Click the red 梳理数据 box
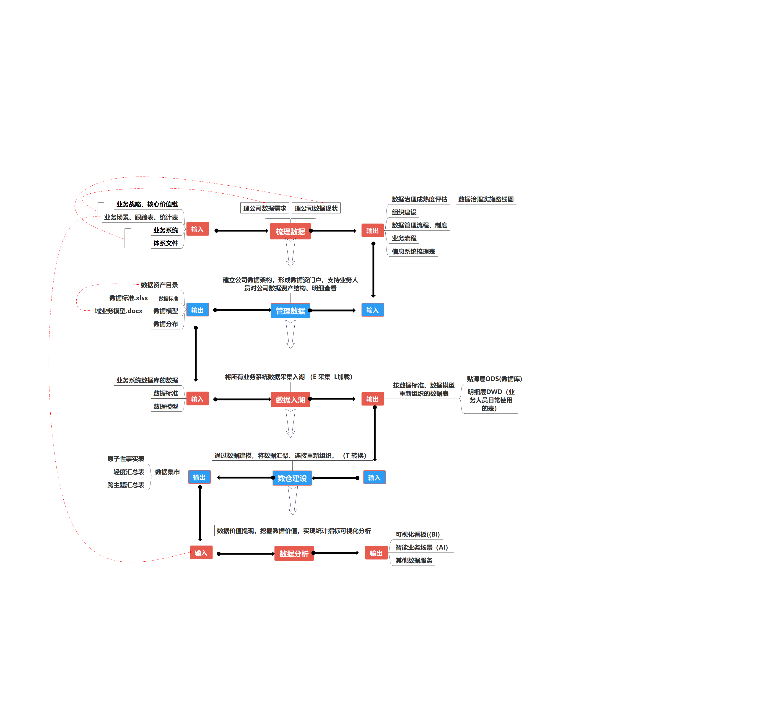290,231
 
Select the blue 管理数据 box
290,311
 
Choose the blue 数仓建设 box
292,478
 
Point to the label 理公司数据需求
265,208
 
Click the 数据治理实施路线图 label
486,199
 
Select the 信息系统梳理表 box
413,251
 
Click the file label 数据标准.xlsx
128,298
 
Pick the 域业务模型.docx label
119,311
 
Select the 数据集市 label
167,472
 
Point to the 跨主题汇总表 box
126,485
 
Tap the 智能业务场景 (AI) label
421,547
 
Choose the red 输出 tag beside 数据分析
376,553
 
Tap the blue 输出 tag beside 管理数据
197,310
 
